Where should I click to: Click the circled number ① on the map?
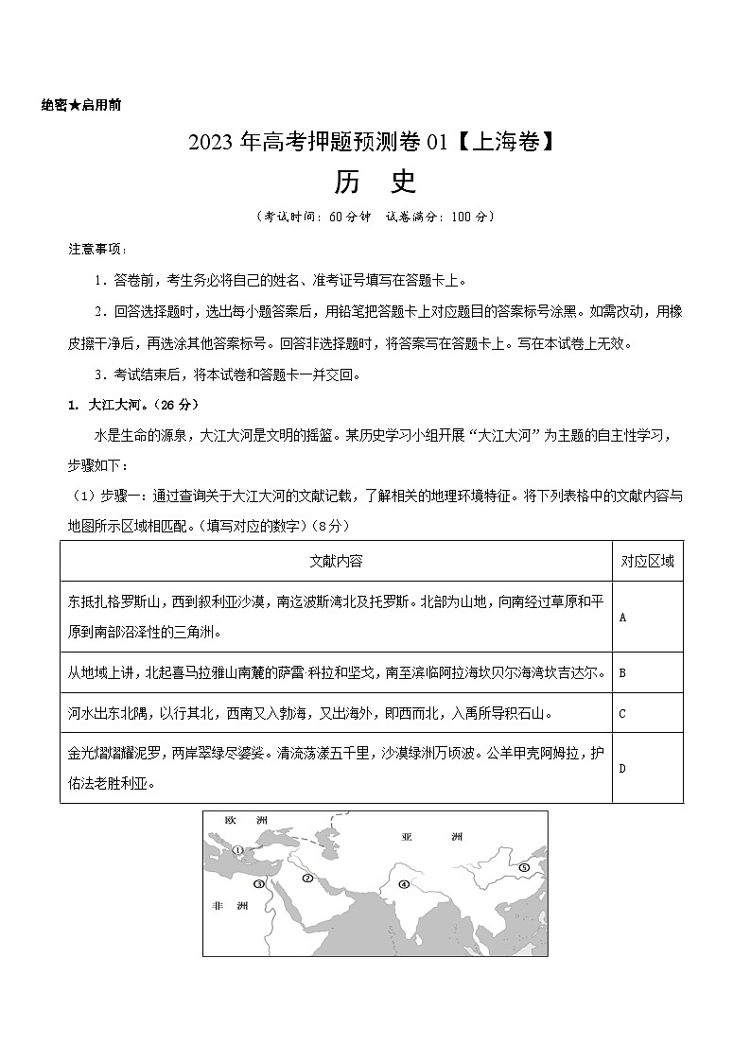[239, 850]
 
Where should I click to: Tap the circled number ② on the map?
[307, 879]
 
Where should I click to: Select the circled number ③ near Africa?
[258, 884]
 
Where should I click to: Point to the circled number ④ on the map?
[403, 885]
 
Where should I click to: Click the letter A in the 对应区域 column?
[622, 617]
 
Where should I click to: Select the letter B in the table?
[622, 673]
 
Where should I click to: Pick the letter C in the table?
[622, 714]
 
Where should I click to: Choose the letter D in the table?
[622, 768]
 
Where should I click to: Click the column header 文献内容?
[336, 561]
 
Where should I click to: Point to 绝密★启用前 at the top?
[80, 105]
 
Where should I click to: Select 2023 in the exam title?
[211, 143]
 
